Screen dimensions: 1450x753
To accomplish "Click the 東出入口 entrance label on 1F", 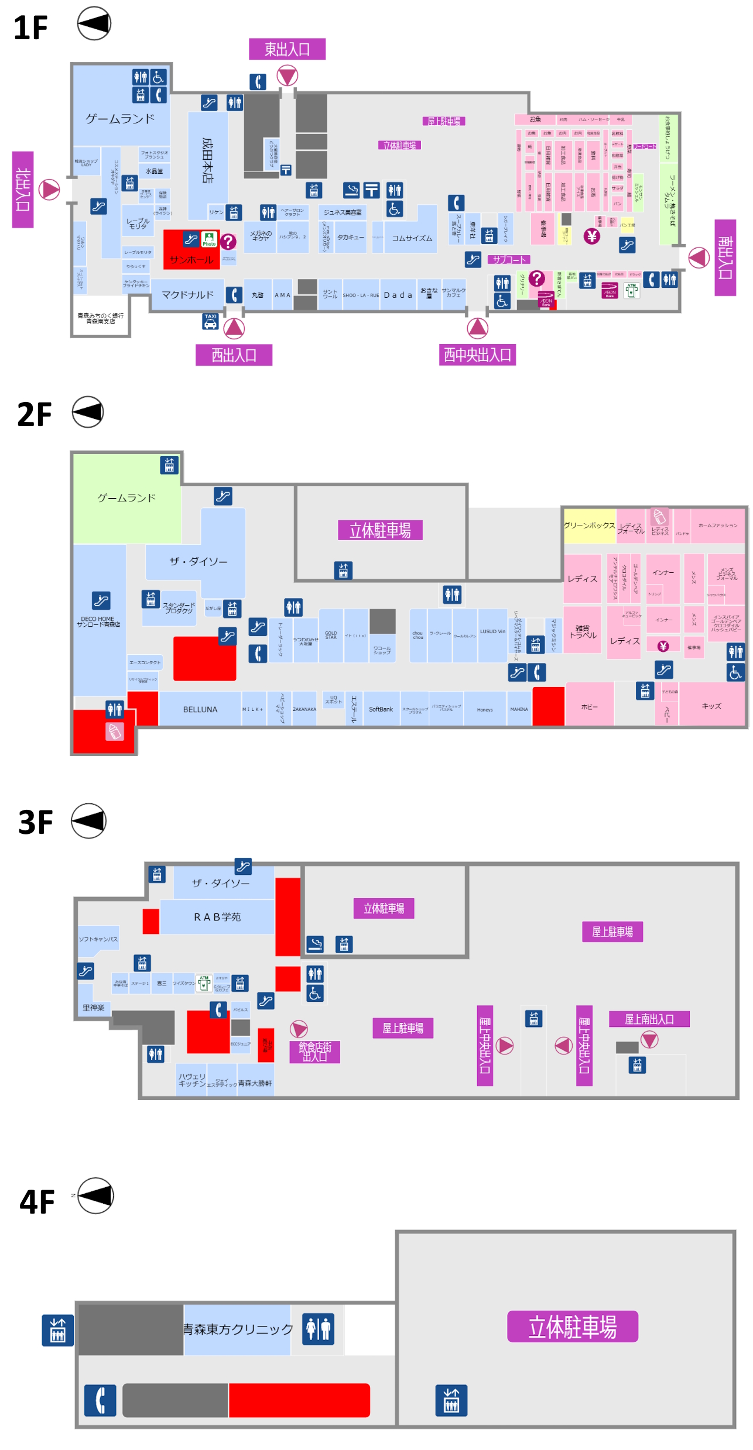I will click(x=287, y=49).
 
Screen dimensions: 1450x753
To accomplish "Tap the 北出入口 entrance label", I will click(x=23, y=189).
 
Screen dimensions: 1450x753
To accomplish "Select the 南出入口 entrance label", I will click(x=725, y=257).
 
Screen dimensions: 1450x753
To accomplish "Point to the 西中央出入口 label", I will click(x=477, y=355).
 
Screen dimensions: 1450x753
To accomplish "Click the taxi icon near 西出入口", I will click(x=210, y=321).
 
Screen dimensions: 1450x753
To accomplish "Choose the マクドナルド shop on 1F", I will click(x=187, y=295).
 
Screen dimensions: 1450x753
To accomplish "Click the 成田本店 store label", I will click(x=207, y=160).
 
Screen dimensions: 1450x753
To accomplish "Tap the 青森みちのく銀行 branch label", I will click(x=101, y=318).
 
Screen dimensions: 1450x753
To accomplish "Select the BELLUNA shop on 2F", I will click(x=200, y=709).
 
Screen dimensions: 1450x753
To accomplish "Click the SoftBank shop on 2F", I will click(x=381, y=709).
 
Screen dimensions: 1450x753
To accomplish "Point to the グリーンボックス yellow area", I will click(x=589, y=525).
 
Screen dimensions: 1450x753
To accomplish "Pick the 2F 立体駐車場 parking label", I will click(x=380, y=530).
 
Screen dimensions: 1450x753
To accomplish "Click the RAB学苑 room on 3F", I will click(x=217, y=917).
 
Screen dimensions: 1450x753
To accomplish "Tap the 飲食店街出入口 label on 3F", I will click(x=315, y=1052).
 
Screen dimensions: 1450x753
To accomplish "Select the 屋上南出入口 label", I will click(x=649, y=1019).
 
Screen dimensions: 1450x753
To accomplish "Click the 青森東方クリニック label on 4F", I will click(x=238, y=1329).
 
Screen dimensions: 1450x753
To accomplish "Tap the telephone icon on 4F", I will click(x=100, y=1400).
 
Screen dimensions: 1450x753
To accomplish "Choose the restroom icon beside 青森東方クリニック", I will click(x=318, y=1328).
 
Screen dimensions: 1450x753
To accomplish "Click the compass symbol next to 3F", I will click(x=88, y=821).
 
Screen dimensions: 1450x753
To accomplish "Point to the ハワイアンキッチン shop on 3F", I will click(x=192, y=1080).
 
